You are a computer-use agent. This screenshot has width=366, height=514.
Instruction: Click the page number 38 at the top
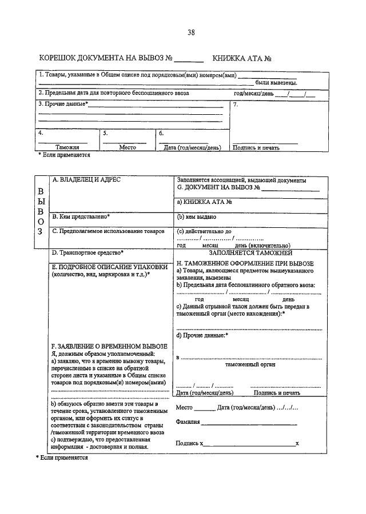[x=190, y=33]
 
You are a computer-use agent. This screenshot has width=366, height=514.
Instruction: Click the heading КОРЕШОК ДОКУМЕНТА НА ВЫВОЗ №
[x=106, y=59]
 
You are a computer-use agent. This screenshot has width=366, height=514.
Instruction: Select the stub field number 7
[x=236, y=105]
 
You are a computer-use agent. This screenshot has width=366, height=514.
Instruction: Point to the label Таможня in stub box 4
[x=67, y=147]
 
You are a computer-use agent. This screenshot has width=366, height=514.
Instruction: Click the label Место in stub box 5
[x=128, y=147]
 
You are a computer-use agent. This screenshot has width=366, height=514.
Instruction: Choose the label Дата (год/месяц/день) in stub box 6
[x=192, y=147]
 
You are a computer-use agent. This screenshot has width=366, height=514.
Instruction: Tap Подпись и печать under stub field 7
[x=256, y=147]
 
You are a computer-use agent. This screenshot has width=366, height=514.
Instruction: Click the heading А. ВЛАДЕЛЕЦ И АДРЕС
[x=86, y=179]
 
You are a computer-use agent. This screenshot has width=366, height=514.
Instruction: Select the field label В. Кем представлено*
[x=81, y=217]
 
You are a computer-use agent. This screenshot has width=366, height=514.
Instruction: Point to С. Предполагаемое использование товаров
[x=108, y=231]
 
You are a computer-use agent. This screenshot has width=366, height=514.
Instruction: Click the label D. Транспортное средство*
[x=87, y=252]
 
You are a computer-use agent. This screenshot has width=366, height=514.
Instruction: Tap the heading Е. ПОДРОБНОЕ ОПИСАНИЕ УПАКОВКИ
[x=102, y=267]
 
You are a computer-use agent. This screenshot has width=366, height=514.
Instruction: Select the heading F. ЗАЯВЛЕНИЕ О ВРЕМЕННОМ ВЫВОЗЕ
[x=109, y=346]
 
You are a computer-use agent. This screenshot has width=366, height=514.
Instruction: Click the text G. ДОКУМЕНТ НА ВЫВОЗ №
[x=219, y=187]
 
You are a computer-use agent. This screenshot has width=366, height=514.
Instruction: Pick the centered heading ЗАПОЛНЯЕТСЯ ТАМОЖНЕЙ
[x=250, y=252]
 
